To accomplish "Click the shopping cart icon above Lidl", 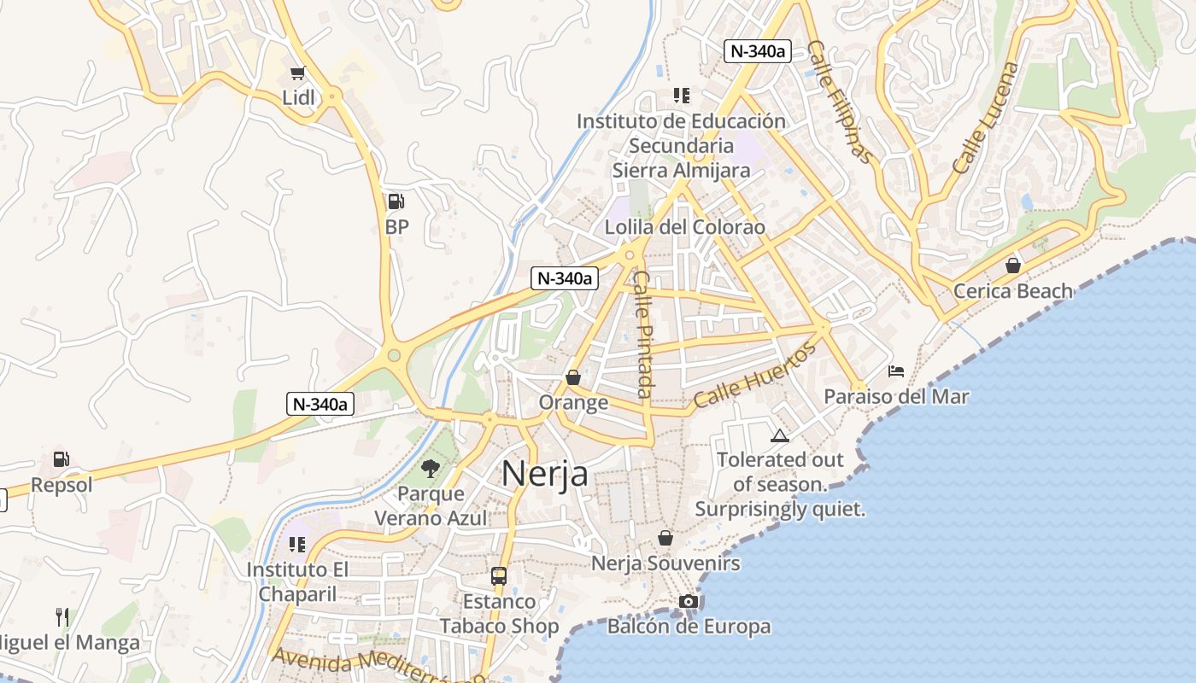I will (297, 73).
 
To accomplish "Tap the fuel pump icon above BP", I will (396, 201).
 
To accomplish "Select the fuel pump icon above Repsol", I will (61, 459).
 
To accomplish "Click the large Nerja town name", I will (545, 473).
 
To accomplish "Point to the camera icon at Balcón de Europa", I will (689, 602).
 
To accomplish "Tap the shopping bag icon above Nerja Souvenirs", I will (665, 538).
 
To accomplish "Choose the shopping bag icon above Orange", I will (573, 377).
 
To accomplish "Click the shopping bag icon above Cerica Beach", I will (1013, 266).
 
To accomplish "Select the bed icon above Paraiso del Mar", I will (896, 371).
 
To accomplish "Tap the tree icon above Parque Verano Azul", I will (431, 468).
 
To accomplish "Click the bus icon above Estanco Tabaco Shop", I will (499, 576).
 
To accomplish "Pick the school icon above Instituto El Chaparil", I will (297, 544).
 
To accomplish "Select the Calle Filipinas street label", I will (841, 102).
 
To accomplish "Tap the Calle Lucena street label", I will (986, 118).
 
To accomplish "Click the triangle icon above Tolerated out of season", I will (780, 436).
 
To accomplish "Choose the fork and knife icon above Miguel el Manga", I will (62, 616).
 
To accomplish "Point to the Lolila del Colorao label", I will (685, 228).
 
